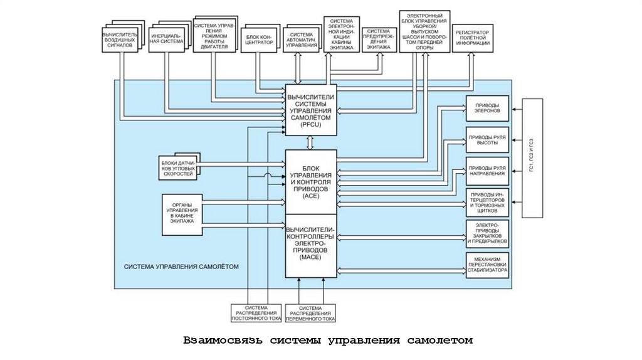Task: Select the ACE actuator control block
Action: [311, 182]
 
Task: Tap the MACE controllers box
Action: [311, 245]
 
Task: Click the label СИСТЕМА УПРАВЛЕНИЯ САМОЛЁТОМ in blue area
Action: [181, 267]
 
